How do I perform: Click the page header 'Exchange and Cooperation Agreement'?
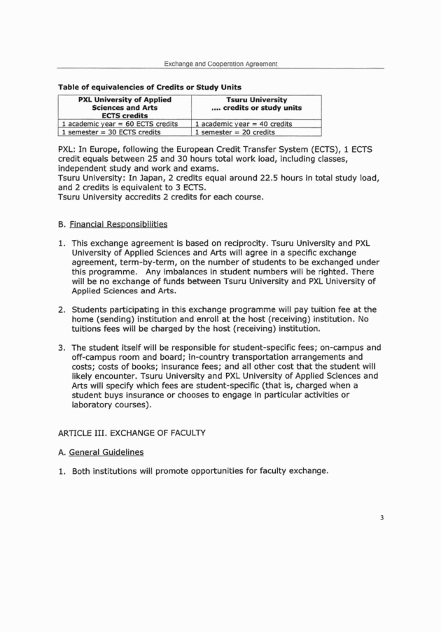(220, 64)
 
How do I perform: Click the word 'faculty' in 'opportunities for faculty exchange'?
(280, 470)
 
